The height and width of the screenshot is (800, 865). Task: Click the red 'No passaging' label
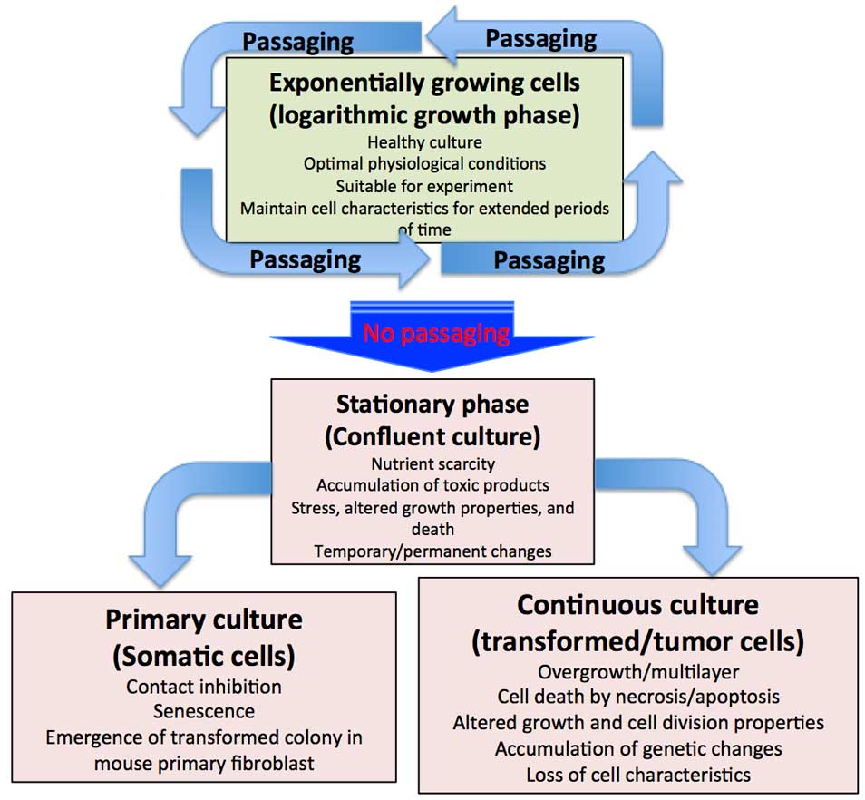(436, 333)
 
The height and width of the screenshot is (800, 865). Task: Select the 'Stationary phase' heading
(432, 404)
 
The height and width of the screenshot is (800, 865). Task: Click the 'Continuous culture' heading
(637, 604)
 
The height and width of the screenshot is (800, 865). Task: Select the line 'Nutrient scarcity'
(432, 464)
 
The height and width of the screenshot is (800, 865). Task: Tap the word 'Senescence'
(204, 711)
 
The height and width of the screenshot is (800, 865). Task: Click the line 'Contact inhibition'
(204, 687)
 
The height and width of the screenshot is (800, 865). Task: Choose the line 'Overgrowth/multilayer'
(637, 672)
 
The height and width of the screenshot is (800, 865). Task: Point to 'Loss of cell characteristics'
(637, 774)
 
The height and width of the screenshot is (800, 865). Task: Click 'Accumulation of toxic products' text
(432, 485)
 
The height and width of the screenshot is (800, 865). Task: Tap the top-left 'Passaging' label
(296, 41)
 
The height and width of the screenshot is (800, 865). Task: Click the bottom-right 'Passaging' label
(549, 260)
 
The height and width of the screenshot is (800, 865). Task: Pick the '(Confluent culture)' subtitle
(432, 436)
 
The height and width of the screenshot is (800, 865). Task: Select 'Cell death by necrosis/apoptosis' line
(637, 698)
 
